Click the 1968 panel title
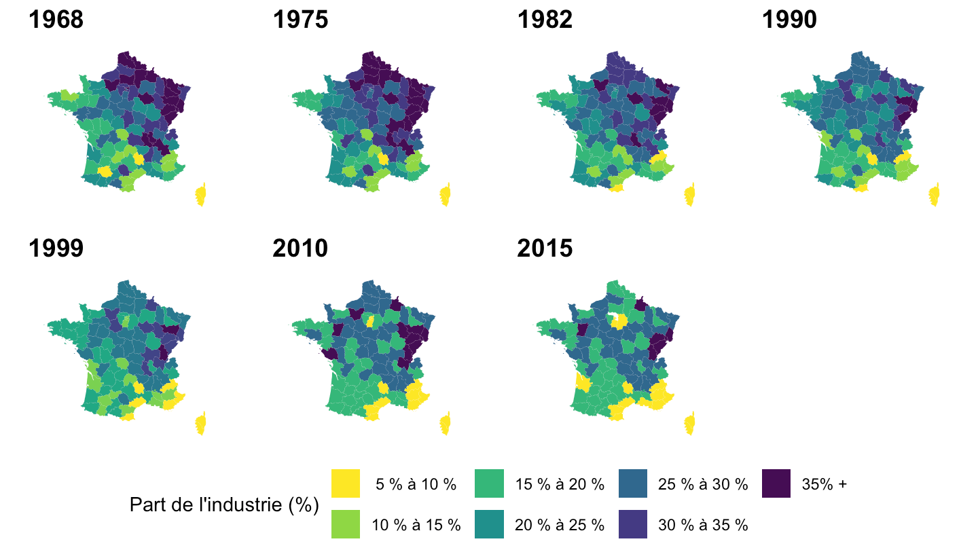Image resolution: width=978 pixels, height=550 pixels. [x=56, y=20]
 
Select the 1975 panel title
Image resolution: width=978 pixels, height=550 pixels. [x=300, y=20]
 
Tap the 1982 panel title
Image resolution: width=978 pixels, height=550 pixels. [x=545, y=20]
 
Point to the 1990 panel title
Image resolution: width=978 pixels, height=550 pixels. [x=789, y=20]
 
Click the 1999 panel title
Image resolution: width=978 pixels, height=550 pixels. [x=56, y=249]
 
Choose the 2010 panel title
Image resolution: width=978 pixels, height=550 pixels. [x=300, y=249]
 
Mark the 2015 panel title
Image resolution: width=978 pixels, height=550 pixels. [x=545, y=249]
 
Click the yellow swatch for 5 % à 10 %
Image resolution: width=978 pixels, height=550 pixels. [x=346, y=483]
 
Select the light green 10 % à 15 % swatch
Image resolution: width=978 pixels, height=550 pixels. [x=346, y=524]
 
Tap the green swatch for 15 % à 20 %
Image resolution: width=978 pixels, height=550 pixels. [x=490, y=483]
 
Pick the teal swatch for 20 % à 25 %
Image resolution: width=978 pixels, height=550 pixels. [x=490, y=524]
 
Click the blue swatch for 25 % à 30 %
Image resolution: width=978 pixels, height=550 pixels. [x=634, y=483]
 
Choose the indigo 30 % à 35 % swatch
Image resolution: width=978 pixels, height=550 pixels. [x=634, y=524]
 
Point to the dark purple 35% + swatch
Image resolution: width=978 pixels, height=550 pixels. [x=777, y=483]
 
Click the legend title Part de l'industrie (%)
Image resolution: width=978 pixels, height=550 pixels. [x=224, y=505]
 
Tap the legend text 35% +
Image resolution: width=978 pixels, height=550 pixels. [x=825, y=484]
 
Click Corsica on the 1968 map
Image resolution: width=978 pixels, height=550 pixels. [x=200, y=195]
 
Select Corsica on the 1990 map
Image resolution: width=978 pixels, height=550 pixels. [x=934, y=195]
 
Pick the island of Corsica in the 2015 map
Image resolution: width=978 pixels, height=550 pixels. [x=689, y=424]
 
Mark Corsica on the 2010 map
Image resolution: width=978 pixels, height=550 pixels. [x=445, y=424]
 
